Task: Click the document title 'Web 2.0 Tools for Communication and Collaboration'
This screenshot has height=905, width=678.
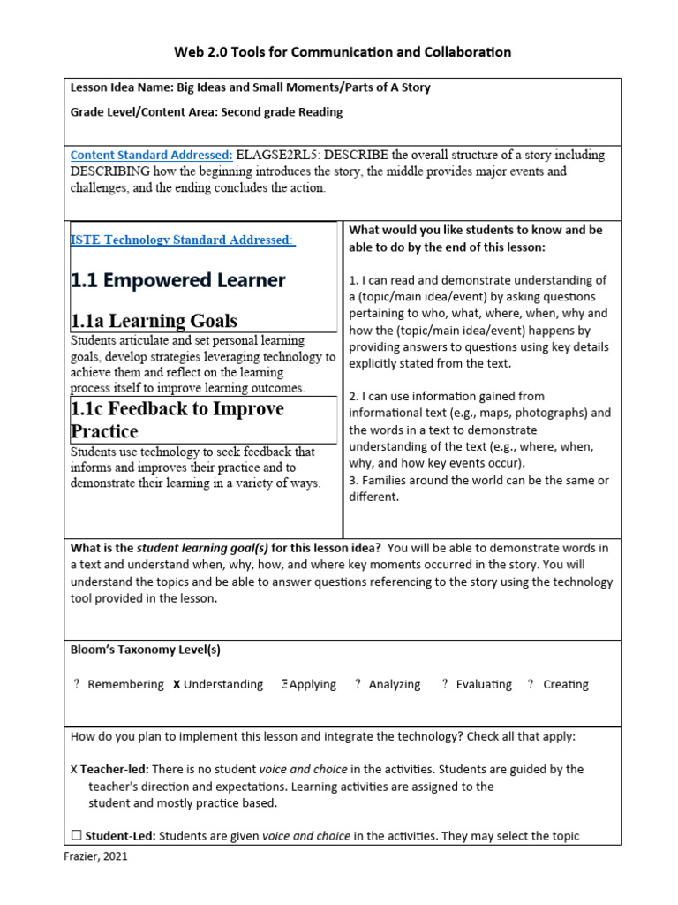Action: pos(343,52)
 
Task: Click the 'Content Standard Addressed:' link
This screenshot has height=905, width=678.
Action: pos(151,155)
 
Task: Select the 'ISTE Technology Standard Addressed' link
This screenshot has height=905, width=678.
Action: pos(182,240)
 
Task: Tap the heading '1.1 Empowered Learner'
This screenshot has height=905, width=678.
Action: pos(177,280)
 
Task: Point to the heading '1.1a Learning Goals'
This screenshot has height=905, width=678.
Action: pos(154,320)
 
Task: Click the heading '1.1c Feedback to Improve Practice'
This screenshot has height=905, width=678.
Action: pos(177,420)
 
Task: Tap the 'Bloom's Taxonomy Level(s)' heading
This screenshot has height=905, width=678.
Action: pos(145,650)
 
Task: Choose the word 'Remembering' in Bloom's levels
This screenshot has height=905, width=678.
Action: pos(125,684)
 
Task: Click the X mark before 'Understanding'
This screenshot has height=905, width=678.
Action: pos(177,684)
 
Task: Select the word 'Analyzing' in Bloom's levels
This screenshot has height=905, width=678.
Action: pos(395,684)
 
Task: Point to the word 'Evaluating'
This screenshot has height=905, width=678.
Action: pos(484,684)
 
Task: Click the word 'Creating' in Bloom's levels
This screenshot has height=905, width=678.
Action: pos(566,684)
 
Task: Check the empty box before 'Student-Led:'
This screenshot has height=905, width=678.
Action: pos(76,836)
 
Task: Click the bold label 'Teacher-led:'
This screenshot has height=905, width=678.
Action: pos(115,770)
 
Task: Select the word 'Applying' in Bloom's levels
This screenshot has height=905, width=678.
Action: pos(313,684)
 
